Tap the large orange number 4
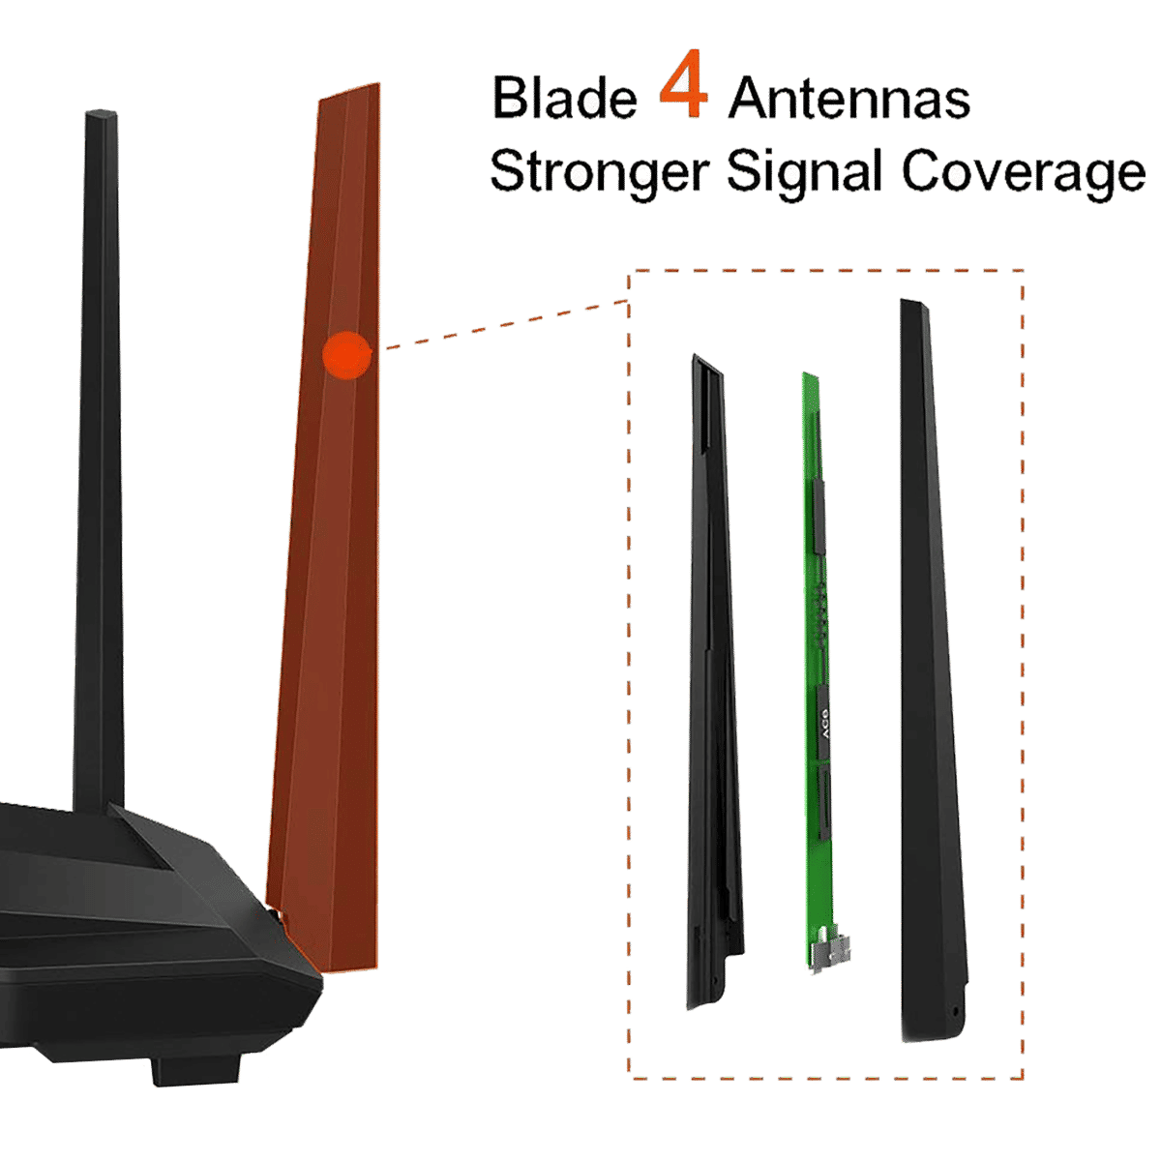684,94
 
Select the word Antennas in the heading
848,99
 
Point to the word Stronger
599,173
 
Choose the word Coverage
1023,173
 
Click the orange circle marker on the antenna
346,354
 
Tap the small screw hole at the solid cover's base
956,1013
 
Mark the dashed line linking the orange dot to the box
503,323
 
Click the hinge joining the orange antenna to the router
282,914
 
